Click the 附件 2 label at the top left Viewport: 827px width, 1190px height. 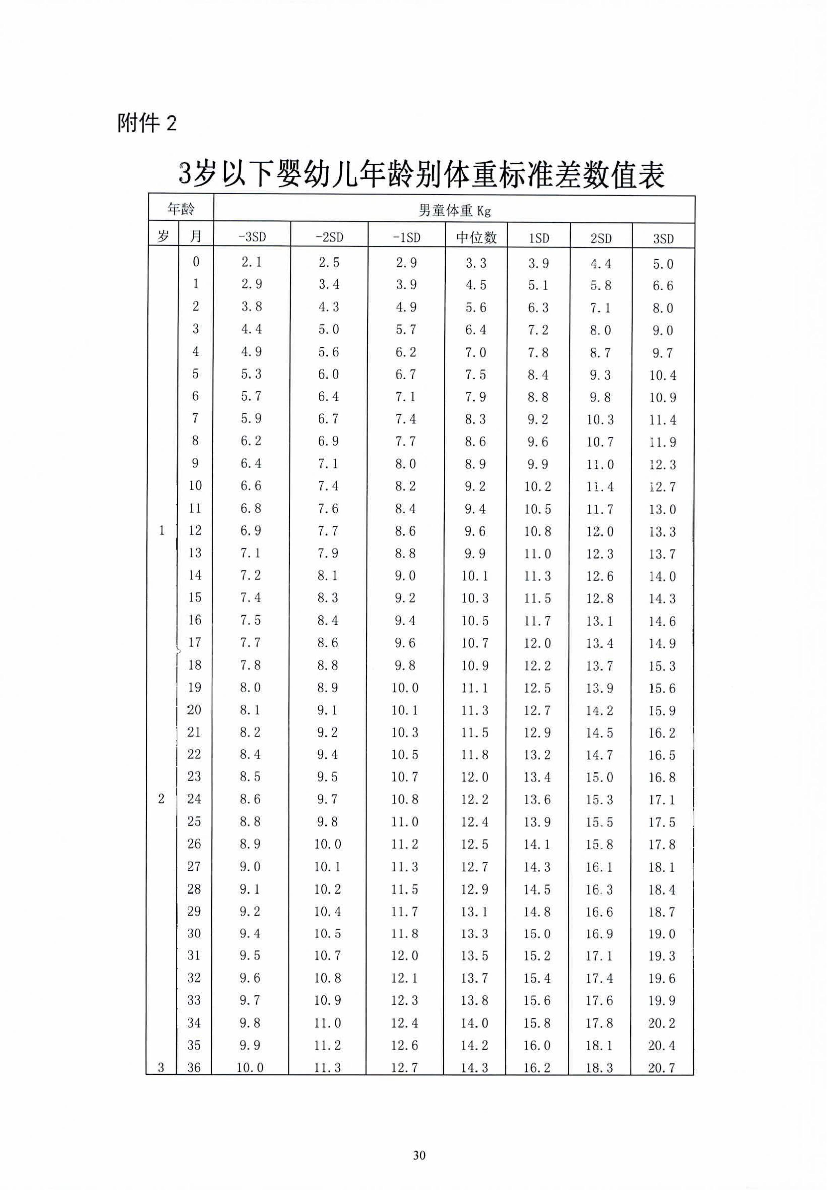[147, 124]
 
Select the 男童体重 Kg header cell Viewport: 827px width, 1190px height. [454, 210]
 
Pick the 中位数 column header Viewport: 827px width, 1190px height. [476, 237]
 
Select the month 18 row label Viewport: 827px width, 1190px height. [194, 665]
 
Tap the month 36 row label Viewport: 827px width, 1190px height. [194, 1067]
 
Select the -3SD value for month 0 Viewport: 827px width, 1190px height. [251, 262]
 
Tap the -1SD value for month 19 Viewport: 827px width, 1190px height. [405, 688]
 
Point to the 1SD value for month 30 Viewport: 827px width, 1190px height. [537, 934]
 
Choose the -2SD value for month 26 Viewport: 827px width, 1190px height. [328, 844]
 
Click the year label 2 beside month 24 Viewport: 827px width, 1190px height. [161, 799]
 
